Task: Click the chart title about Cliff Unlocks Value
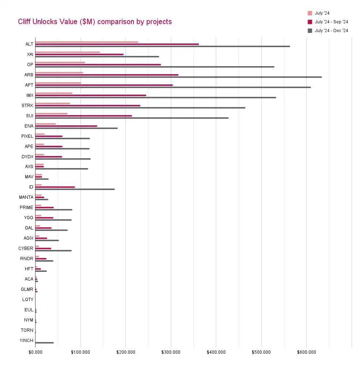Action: (95, 22)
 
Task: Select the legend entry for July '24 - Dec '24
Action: (331, 31)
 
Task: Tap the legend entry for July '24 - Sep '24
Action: (331, 22)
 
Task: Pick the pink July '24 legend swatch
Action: (310, 13)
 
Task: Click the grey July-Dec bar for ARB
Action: (179, 77)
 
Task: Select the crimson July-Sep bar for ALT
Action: (117, 44)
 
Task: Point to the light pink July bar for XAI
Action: (68, 52)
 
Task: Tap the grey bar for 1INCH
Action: (45, 343)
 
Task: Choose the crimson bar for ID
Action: (55, 187)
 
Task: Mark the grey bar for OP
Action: (155, 67)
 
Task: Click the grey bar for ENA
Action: (76, 128)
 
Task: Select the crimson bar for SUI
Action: (84, 116)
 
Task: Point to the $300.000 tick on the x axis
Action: (171, 352)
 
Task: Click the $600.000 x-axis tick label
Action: (306, 352)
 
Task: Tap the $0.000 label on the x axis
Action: (35, 352)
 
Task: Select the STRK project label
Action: (27, 106)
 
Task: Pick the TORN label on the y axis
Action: (27, 330)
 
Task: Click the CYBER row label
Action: (26, 248)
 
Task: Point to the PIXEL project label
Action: (27, 136)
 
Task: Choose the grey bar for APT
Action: (173, 87)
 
